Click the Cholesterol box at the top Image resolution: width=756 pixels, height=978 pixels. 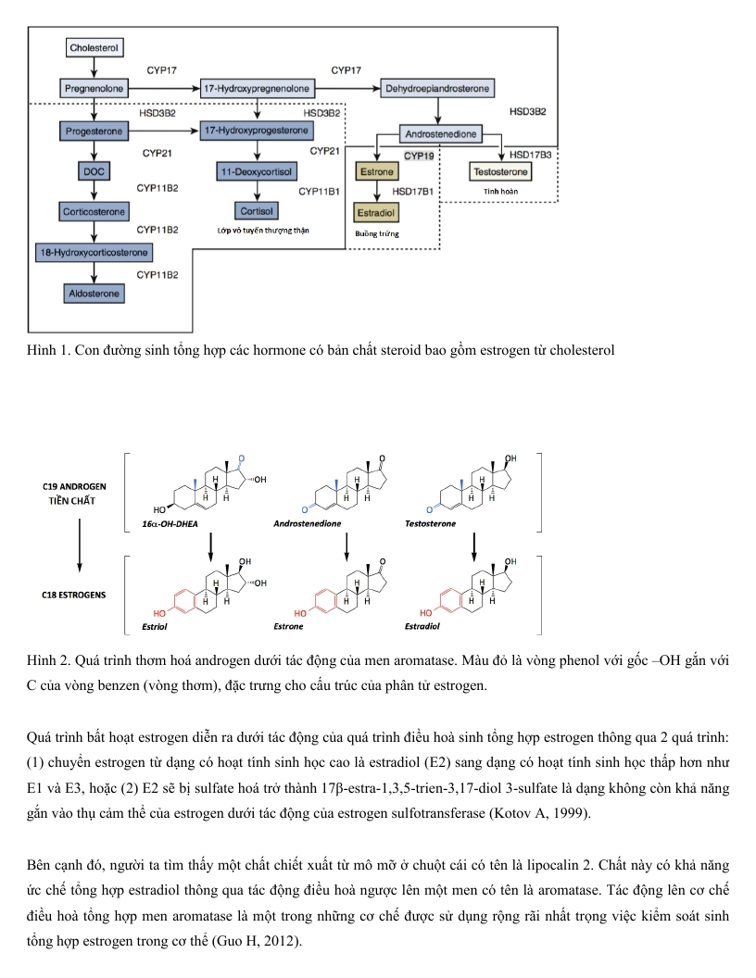tap(94, 46)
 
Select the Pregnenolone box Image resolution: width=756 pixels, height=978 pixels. tap(94, 88)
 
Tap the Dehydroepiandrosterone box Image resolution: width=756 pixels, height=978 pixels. tap(438, 88)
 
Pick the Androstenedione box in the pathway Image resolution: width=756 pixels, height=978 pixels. tap(441, 135)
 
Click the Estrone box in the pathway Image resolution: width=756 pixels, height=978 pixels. tap(376, 172)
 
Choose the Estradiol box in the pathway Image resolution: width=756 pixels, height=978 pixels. tap(376, 212)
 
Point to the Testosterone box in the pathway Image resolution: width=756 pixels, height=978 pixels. tap(501, 172)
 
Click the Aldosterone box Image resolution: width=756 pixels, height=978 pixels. tap(94, 294)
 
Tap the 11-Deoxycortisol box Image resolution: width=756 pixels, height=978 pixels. tap(255, 172)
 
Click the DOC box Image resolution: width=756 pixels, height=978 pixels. tap(94, 172)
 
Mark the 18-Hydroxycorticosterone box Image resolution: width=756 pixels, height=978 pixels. tap(94, 252)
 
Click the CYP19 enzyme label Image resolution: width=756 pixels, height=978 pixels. tap(419, 156)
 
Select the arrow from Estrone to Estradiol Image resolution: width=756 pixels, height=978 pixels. tap(376, 192)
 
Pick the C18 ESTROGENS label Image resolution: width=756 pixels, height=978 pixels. tap(74, 594)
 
